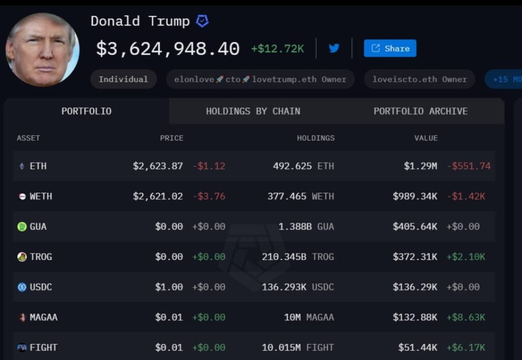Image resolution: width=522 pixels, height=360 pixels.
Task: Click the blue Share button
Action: click(x=390, y=48)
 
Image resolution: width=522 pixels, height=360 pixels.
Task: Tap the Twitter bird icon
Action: click(x=334, y=48)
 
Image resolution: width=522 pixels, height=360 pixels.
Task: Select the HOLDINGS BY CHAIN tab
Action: click(x=253, y=111)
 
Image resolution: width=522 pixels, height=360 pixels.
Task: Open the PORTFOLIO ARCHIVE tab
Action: click(x=421, y=111)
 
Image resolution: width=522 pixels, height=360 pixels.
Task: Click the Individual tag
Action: click(x=123, y=79)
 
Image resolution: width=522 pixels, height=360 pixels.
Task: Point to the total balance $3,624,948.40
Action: click(x=168, y=49)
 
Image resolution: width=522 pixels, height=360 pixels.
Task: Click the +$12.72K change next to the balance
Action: click(x=277, y=49)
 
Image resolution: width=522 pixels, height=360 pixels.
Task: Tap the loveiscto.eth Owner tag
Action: click(x=420, y=79)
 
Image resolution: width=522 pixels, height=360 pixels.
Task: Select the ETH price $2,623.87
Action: click(x=158, y=166)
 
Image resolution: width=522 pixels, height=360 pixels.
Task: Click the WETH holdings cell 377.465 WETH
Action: click(x=301, y=196)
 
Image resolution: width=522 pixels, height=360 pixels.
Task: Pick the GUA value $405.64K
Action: click(x=414, y=226)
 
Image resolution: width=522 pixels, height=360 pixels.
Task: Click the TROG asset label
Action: click(x=41, y=256)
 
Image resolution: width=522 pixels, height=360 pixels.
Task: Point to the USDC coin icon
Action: click(x=22, y=287)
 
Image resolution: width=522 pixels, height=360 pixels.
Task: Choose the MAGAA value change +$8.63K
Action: click(x=465, y=317)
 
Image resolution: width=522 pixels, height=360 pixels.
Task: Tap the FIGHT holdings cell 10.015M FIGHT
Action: click(x=298, y=348)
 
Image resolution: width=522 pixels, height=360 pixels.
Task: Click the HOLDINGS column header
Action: click(x=316, y=138)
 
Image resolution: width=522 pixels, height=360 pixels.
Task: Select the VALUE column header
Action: click(x=426, y=138)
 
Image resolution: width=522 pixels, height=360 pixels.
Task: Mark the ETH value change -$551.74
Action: click(x=468, y=166)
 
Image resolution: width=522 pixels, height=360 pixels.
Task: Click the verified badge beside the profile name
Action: click(x=202, y=21)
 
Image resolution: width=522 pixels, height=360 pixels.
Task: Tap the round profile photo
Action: click(x=42, y=49)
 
